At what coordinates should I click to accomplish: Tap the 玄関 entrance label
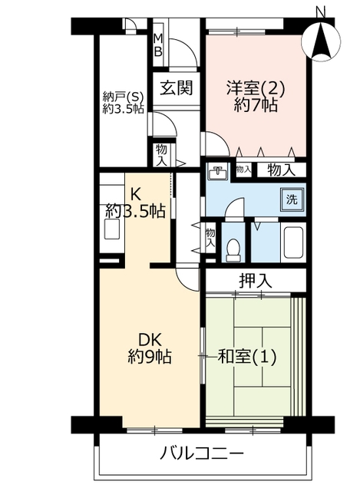[176, 87]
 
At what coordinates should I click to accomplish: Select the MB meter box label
[159, 45]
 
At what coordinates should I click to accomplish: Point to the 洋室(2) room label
[256, 89]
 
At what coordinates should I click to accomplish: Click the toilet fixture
[233, 249]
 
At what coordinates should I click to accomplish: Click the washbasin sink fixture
[217, 172]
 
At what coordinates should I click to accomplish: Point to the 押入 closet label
[255, 281]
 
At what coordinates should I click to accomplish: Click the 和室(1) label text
[247, 357]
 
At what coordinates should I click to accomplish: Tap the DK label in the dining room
[150, 340]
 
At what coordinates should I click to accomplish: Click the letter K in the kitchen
[135, 195]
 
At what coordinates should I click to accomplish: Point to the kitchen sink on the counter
[112, 229]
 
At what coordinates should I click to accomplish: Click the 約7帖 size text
[256, 106]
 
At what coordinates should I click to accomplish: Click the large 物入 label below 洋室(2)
[281, 170]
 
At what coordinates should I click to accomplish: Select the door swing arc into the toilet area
[233, 207]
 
